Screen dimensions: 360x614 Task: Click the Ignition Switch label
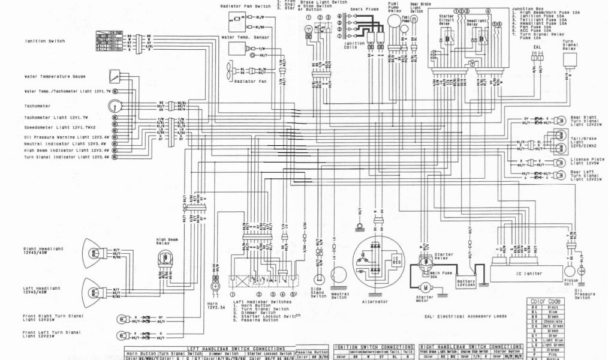44,41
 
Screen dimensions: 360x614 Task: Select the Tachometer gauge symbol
113,107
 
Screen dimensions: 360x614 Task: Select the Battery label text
465,283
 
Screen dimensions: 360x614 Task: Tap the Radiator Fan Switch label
246,5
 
